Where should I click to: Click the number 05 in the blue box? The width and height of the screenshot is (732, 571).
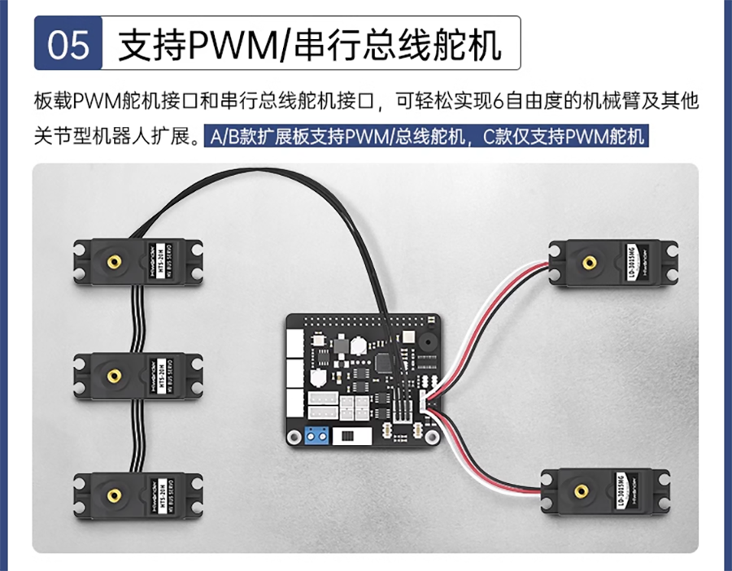click(x=68, y=44)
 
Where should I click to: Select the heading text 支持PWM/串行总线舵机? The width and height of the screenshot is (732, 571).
click(x=310, y=44)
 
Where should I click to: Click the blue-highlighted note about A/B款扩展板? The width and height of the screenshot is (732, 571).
click(x=426, y=136)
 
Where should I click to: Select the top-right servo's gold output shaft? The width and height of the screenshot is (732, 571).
click(x=587, y=263)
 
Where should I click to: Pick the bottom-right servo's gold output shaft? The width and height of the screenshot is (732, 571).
click(x=582, y=491)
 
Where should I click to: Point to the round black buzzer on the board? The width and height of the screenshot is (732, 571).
click(x=424, y=341)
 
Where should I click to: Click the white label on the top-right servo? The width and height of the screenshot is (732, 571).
click(x=628, y=262)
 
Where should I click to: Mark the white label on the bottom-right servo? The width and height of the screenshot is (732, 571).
click(x=622, y=491)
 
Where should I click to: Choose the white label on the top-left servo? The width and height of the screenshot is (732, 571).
click(x=160, y=261)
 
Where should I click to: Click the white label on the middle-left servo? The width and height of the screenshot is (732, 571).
click(x=160, y=376)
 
